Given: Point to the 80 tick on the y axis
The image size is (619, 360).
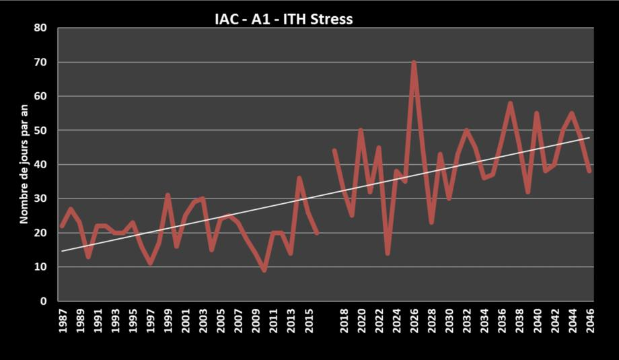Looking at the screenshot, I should [x=42, y=28].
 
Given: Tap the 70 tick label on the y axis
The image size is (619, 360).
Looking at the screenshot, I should [x=42, y=63].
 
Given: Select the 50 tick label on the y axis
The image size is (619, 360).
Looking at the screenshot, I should [x=42, y=131].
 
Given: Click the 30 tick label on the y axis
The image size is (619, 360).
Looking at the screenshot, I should [x=42, y=199].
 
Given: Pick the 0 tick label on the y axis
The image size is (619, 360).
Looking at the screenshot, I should [x=45, y=301].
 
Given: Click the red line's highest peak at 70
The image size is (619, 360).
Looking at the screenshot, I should [x=414, y=63].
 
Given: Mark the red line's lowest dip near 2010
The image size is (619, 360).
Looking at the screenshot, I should [x=264, y=270].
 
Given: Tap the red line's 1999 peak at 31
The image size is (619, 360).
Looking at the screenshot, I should [x=168, y=195].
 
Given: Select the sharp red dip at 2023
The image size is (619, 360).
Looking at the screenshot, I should [x=388, y=253].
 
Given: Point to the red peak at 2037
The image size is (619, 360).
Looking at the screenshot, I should [x=511, y=104].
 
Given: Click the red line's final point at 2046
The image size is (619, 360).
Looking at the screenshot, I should [x=589, y=171].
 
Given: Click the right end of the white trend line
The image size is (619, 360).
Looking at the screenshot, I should [x=590, y=137].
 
